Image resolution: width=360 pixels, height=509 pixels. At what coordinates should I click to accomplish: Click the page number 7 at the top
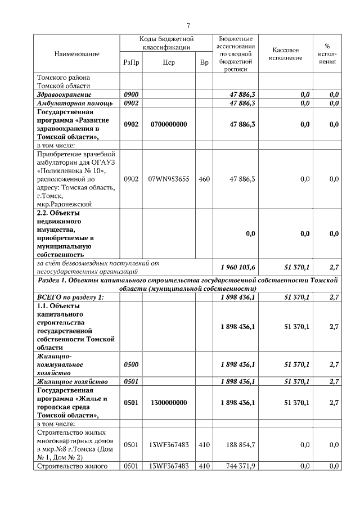pos(189,25)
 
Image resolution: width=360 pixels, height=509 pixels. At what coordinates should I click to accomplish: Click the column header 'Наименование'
pos(76,53)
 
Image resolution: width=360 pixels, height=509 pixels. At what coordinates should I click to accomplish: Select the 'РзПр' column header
pos(130,62)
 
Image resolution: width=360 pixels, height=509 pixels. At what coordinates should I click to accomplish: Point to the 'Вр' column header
pos(204,62)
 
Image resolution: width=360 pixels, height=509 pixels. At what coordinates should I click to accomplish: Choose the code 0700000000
pos(169,124)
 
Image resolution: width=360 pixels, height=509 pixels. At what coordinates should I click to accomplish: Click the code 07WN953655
pos(169,179)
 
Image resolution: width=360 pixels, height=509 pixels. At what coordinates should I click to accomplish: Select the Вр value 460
pos(204,179)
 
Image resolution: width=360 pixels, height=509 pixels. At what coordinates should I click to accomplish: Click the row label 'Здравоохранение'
pos(64,94)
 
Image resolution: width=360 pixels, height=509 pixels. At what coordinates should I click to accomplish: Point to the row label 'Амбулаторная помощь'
pos(75,103)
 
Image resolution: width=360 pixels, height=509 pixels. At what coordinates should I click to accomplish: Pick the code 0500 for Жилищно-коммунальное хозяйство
pos(130,364)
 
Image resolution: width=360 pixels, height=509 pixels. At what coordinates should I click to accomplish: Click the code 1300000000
pos(169,403)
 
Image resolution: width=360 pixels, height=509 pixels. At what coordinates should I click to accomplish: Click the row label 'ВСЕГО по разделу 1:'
pos(71,296)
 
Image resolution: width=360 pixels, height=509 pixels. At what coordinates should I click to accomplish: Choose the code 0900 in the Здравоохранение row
pos(130,94)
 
